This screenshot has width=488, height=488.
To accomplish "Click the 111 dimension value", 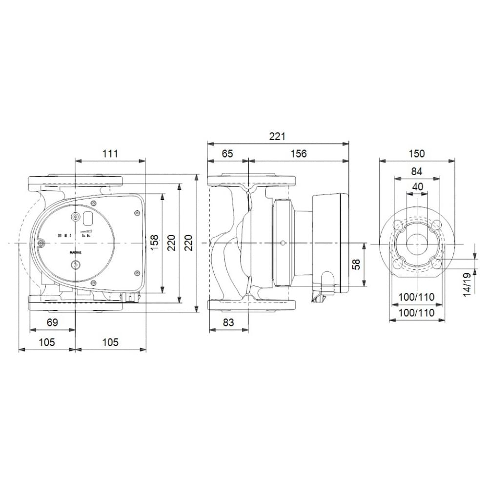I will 110,154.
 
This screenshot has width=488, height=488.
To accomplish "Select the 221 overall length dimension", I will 277,137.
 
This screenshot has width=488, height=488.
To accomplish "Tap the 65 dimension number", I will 227,154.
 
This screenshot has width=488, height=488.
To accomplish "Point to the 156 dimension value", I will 298,154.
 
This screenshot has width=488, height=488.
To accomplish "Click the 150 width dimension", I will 417,154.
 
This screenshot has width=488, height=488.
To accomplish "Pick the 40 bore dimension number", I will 417,187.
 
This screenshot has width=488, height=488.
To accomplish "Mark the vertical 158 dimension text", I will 154,243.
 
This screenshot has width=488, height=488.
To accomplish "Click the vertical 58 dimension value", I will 357,264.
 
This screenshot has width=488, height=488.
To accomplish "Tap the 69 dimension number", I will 52,322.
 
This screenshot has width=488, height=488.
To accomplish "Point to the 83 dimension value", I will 228,322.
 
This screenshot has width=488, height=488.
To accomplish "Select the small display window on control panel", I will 88,218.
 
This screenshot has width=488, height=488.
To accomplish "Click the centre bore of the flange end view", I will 417,243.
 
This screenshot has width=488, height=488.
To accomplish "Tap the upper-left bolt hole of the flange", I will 398,224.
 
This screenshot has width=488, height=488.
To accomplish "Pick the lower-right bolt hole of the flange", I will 436,263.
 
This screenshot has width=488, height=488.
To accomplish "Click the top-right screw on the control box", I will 137,212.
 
